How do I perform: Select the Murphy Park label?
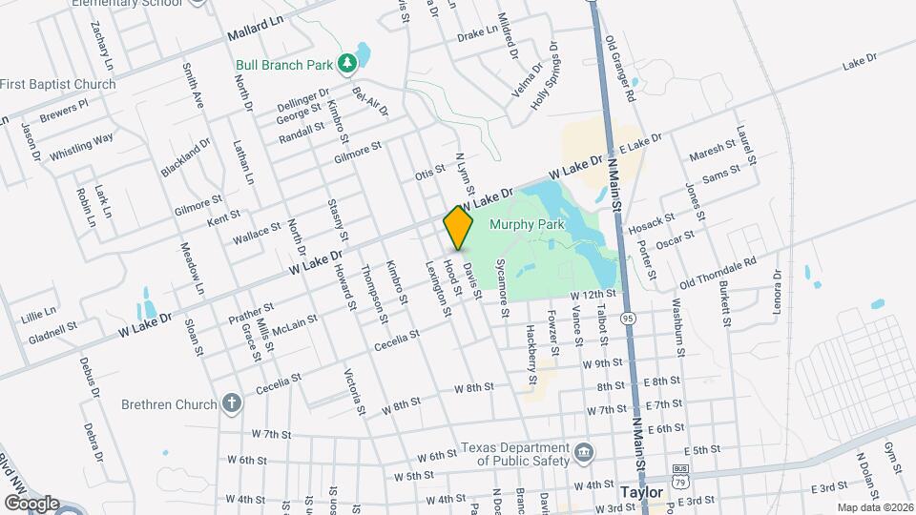pyautogui.click(x=528, y=225)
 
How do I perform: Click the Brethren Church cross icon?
pyautogui.click(x=230, y=403)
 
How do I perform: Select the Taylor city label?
pyautogui.click(x=641, y=492)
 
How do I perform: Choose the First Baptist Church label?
pyautogui.click(x=58, y=84)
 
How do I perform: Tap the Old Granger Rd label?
pyautogui.click(x=619, y=70)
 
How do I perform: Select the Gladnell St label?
pyautogui.click(x=52, y=331)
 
